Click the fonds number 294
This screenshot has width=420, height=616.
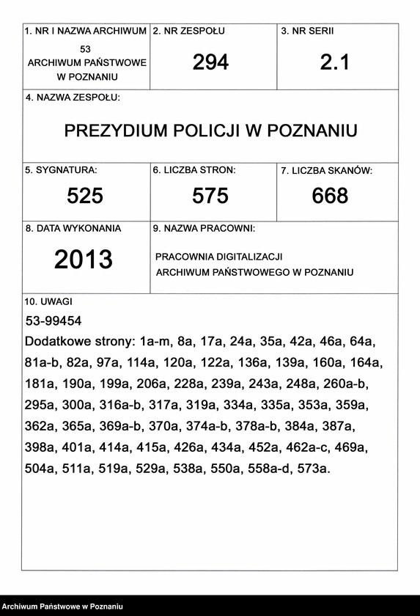(210, 62)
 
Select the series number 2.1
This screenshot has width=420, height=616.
(335, 62)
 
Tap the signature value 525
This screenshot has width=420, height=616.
(85, 196)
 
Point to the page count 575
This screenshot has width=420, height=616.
(210, 196)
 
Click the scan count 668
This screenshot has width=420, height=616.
(330, 196)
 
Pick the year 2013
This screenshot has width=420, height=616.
(83, 259)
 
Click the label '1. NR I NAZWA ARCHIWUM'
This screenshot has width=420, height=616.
(86, 32)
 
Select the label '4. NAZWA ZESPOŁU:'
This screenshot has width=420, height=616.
(73, 98)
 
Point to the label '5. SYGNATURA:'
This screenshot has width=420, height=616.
(61, 170)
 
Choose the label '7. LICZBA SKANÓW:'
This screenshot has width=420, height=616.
(327, 171)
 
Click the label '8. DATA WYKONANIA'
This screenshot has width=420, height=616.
(73, 228)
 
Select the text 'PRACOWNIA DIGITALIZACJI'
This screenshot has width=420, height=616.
(218, 257)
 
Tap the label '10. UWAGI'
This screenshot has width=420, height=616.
(48, 301)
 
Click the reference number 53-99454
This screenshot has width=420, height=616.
(53, 321)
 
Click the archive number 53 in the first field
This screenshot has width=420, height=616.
(86, 48)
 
